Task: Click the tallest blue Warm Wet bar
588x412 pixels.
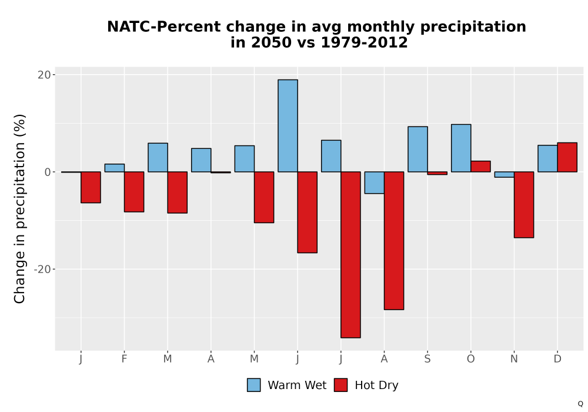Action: click(x=288, y=126)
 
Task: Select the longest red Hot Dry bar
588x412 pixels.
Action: click(x=350, y=255)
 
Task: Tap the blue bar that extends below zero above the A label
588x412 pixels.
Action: click(x=374, y=182)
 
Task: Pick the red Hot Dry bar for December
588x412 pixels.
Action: click(x=567, y=157)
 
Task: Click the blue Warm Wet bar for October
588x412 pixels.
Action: click(x=461, y=148)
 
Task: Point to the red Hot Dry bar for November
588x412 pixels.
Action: click(x=524, y=204)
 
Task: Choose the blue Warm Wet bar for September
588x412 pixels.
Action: click(x=417, y=149)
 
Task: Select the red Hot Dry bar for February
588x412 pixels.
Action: click(x=134, y=192)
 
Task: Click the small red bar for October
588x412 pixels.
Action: click(x=480, y=167)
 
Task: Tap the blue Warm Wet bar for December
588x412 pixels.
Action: click(x=547, y=159)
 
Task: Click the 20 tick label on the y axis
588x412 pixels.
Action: click(x=44, y=75)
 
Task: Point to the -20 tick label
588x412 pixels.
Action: click(x=42, y=270)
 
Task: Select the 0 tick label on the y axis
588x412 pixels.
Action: click(x=48, y=172)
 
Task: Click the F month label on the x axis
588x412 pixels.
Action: click(x=124, y=359)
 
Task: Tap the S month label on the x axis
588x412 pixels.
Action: click(x=427, y=359)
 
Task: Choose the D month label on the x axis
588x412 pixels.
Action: click(x=557, y=359)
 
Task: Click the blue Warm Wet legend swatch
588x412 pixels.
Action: click(x=254, y=385)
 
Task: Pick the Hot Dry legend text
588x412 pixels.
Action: click(x=376, y=386)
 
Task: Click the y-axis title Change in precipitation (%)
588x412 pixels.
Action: click(x=19, y=208)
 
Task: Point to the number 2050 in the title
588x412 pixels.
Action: click(x=271, y=42)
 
